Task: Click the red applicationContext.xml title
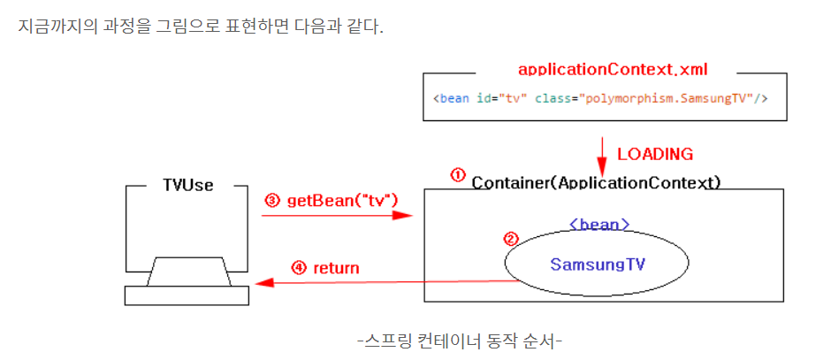[x=613, y=69]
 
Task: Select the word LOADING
[x=655, y=154]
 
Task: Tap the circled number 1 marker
[x=458, y=174]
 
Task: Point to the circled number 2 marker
[x=510, y=239]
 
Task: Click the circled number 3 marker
[x=272, y=201]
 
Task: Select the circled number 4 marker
[x=298, y=268]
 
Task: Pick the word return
[x=336, y=268]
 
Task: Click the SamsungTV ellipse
[x=597, y=264]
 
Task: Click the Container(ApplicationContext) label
[x=597, y=182]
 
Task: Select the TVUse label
[x=187, y=186]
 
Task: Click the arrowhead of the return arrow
[x=261, y=283]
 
